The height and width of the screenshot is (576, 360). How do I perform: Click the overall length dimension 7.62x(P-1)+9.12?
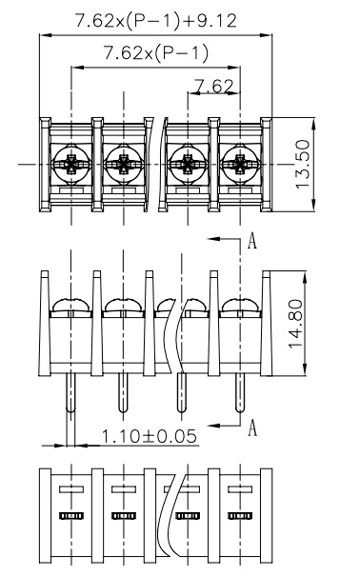(156, 21)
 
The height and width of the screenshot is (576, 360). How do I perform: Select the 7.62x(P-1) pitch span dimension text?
(156, 53)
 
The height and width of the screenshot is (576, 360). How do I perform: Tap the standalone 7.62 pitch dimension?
(213, 86)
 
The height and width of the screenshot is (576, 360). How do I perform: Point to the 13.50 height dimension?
(303, 164)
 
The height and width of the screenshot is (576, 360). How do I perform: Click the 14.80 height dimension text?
(296, 324)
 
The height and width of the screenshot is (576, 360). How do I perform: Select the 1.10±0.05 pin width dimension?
(149, 436)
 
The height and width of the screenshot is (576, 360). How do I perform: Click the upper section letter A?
(252, 241)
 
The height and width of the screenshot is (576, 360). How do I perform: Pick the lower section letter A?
(252, 427)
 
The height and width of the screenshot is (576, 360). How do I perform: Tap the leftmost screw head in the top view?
(71, 164)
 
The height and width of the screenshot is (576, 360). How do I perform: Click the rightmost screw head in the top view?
(240, 164)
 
